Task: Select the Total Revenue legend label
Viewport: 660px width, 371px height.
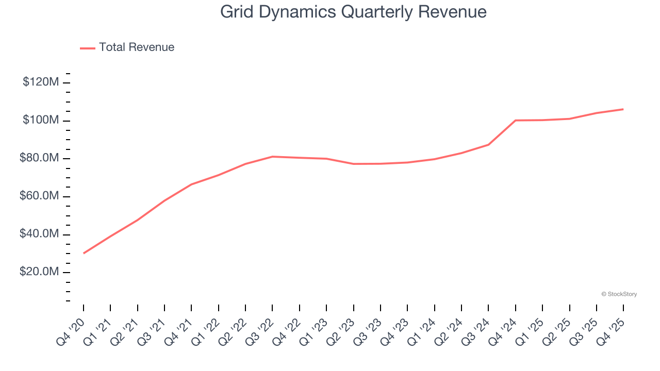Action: (137, 47)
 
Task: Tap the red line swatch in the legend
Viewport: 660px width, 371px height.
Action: (88, 48)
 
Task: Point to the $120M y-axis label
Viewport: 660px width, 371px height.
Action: (41, 82)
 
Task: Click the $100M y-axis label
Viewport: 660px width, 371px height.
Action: (41, 120)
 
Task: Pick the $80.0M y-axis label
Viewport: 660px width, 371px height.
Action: (40, 158)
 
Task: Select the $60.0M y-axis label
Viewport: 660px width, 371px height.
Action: (40, 196)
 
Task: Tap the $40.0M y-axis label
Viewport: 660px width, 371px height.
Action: (40, 234)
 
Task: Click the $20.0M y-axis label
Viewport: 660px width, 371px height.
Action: (40, 272)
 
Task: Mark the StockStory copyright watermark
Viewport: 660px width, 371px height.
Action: (619, 294)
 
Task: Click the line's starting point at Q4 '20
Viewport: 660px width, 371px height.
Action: (84, 253)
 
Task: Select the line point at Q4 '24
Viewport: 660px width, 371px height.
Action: (516, 121)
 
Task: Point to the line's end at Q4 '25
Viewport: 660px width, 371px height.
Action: (623, 109)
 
